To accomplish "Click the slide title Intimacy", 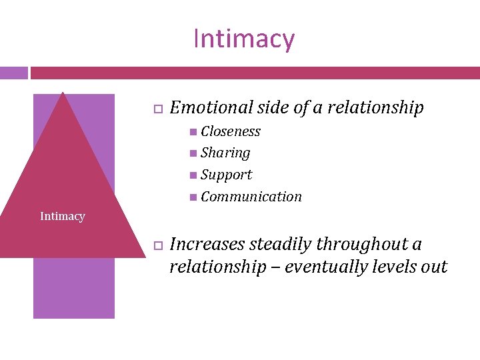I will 243,39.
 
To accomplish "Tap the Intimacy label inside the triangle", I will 62,216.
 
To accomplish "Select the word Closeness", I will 231,131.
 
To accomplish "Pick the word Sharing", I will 225,153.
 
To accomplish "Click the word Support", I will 226,175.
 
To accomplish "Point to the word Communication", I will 251,196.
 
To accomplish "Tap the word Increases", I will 205,245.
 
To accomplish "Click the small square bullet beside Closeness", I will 193,131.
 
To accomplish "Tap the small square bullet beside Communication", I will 193,196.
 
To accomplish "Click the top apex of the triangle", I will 63,93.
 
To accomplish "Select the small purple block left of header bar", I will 13,72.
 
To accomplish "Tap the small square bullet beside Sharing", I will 193,153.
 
